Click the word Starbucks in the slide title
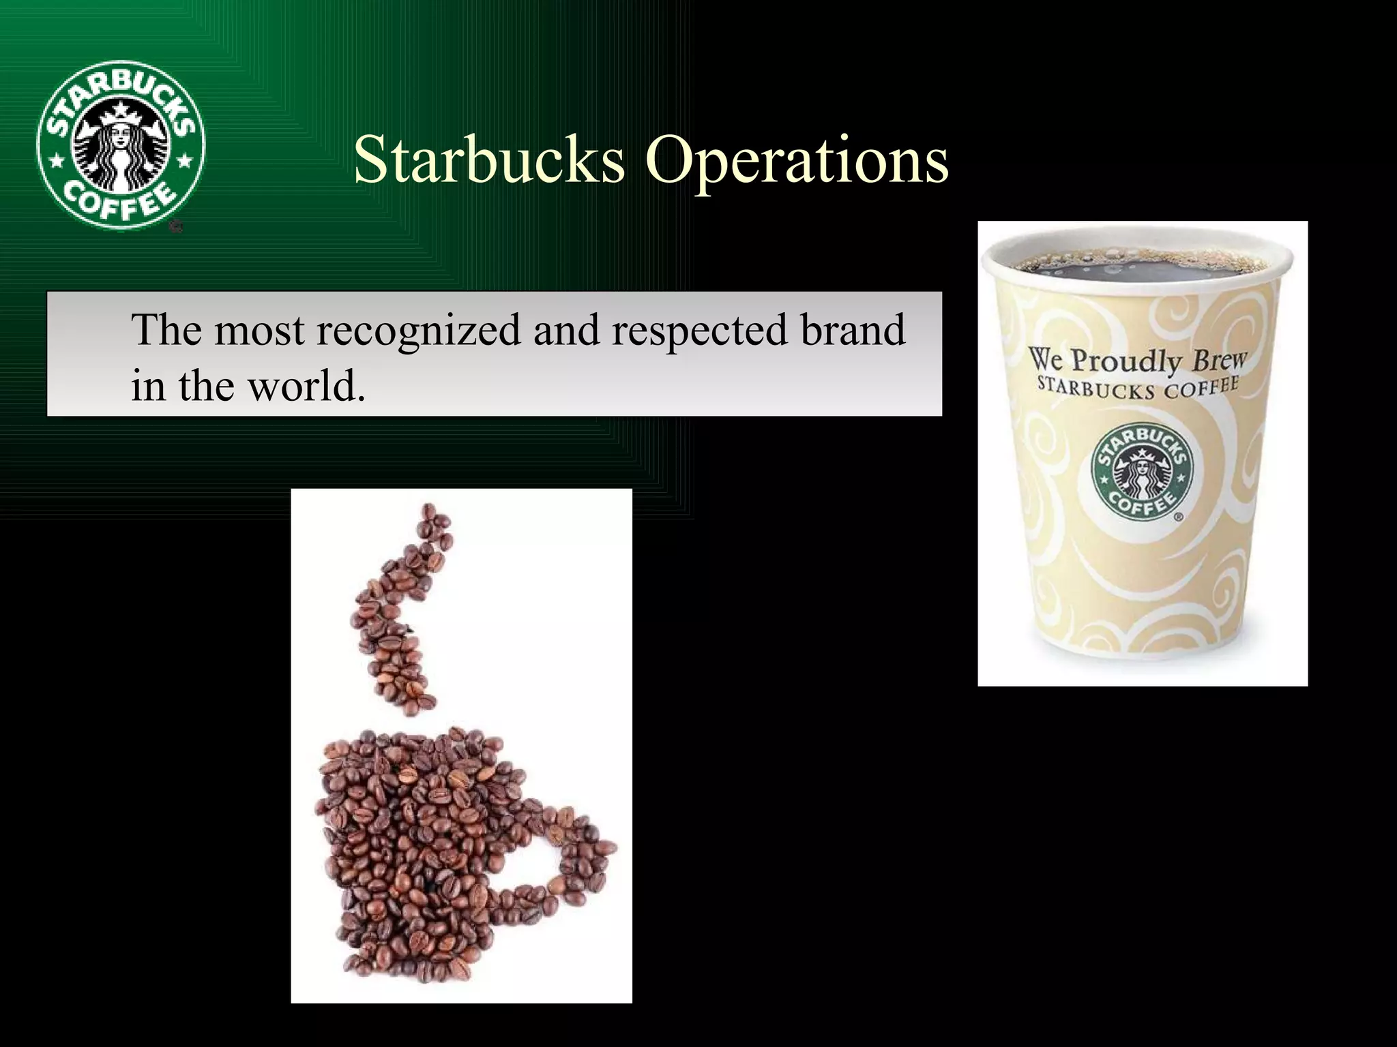tap(488, 160)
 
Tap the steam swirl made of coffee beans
tap(399, 613)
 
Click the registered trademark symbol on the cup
tap(1178, 519)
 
